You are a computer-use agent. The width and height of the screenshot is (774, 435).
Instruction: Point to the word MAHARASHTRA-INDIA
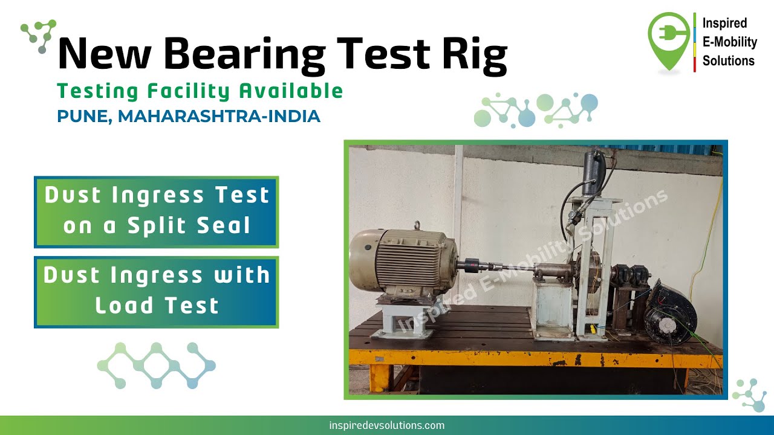click(219, 116)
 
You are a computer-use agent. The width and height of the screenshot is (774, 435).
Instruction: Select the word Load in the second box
click(123, 305)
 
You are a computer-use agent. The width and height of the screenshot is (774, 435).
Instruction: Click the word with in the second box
click(242, 275)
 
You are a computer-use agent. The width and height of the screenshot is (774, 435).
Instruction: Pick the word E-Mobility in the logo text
click(729, 42)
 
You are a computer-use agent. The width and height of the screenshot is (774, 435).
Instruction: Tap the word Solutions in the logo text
click(728, 60)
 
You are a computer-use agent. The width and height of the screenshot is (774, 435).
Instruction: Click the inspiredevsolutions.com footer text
click(387, 425)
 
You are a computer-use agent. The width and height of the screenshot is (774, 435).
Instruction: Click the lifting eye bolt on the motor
click(417, 227)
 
